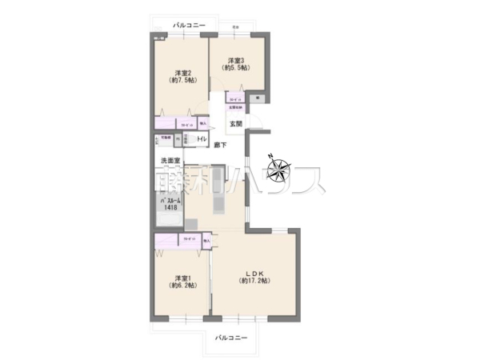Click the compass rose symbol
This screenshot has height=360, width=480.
click(279, 170)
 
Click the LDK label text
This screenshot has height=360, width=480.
click(255, 271)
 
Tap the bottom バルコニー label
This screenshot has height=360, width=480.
click(231, 337)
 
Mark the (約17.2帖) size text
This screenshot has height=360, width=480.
click(255, 282)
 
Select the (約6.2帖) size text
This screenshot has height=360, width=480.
click(181, 285)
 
